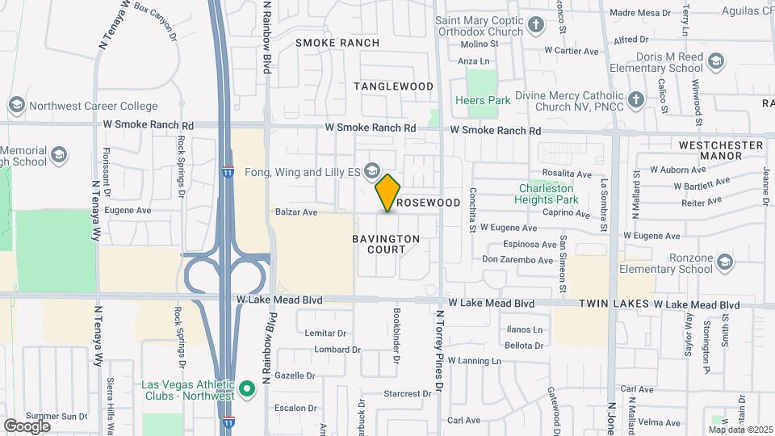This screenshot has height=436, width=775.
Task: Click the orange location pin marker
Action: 388,192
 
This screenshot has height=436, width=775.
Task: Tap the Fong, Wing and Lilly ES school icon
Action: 371,170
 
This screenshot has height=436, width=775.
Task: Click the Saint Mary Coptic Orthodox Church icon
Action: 537,26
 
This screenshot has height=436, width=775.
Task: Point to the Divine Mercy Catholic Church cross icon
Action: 636,100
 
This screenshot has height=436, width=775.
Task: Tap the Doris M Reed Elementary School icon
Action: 714,61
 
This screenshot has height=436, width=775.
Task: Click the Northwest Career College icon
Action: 16,106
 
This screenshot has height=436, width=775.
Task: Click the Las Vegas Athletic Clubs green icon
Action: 248,389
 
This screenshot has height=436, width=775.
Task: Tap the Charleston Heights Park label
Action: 548,194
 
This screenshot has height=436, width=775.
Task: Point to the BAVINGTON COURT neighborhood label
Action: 386,244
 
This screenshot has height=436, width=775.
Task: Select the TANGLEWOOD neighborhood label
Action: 393,86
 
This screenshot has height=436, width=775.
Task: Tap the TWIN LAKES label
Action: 614,304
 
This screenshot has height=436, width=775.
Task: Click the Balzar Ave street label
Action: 296,212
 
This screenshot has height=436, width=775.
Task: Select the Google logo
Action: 27,426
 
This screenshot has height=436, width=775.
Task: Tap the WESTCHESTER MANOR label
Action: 721,150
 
